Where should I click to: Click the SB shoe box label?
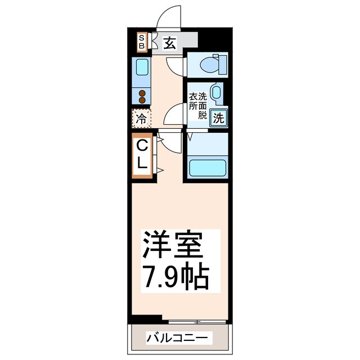[x=142, y=41]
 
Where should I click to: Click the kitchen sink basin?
[x=142, y=69]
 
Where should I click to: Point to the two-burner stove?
[x=142, y=96]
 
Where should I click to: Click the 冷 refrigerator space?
[x=142, y=119]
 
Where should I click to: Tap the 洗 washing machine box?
[x=219, y=118]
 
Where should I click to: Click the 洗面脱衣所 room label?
[x=198, y=106]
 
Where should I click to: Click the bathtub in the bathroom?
[x=207, y=168]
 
